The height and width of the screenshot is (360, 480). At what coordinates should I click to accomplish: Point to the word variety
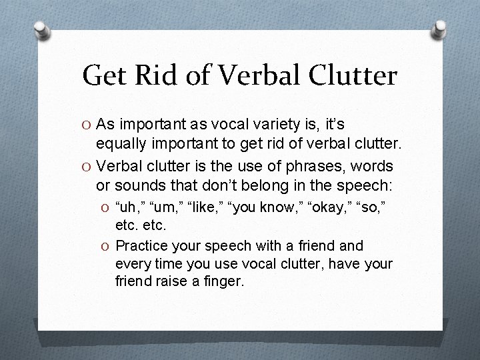click(271, 125)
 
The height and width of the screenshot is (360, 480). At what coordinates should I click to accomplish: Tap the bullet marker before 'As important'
click(86, 125)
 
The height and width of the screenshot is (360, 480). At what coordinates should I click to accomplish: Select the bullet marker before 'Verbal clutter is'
click(86, 165)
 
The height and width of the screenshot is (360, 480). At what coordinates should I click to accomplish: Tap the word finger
click(223, 281)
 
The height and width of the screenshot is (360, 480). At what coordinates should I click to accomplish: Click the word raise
click(170, 281)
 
